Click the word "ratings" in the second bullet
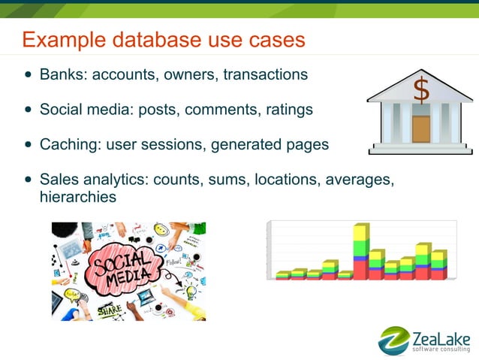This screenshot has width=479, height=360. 289,110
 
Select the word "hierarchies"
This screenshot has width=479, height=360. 78,197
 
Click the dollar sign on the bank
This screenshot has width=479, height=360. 421,91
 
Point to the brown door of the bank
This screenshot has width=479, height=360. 421,129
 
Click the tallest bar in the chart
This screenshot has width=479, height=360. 361,251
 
